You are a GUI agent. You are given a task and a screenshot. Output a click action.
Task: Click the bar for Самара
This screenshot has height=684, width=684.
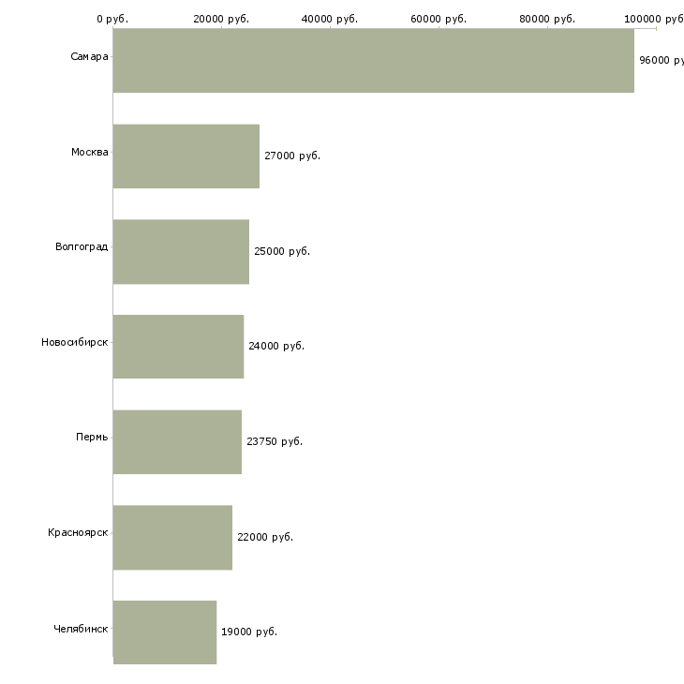[374, 60]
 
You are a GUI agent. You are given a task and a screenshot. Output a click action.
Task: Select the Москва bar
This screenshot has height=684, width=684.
[186, 156]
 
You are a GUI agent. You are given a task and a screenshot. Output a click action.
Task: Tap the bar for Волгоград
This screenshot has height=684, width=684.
[181, 252]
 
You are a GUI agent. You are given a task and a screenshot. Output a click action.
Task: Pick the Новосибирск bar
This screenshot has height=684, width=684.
[178, 347]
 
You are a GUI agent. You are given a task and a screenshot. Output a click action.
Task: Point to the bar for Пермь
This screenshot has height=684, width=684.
[177, 442]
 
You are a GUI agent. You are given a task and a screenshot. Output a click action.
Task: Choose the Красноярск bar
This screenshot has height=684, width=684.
[172, 538]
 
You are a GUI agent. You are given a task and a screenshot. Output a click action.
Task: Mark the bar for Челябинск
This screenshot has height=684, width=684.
[165, 632]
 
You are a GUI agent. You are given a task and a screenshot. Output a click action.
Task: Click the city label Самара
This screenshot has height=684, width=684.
[89, 57]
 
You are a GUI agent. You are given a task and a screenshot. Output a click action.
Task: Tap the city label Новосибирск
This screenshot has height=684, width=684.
[75, 342]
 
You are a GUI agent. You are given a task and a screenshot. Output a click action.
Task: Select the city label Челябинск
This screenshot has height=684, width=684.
[81, 629]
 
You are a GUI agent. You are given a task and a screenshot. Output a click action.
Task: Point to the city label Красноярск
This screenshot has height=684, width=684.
[78, 532]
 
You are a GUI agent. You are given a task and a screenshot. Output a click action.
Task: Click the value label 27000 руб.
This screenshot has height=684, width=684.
[292, 156]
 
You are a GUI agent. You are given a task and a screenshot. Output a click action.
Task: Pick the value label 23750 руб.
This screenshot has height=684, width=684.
[275, 441]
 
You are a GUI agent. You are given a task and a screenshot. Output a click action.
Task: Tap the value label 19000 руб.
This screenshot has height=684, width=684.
[249, 632]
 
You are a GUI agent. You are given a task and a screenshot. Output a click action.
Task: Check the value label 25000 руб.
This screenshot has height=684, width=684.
[282, 251]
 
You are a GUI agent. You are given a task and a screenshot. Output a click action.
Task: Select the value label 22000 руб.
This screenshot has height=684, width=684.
[265, 537]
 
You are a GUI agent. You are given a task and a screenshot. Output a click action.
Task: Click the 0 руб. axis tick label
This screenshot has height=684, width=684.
[112, 19]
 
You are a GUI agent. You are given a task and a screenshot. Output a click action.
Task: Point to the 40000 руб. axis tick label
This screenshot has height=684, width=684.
[330, 19]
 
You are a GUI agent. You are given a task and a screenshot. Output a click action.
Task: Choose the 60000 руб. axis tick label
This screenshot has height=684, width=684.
[439, 19]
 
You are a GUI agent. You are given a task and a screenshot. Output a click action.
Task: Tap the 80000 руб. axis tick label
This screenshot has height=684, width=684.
[547, 19]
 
